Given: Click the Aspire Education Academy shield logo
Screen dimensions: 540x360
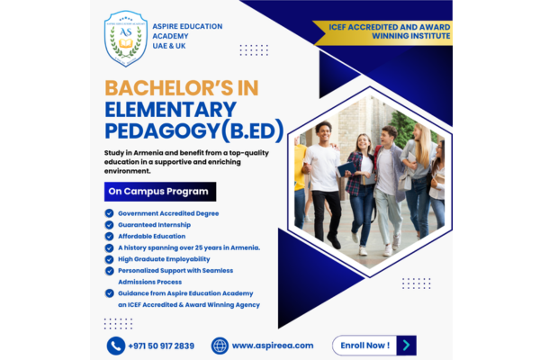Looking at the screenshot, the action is tap(126, 38).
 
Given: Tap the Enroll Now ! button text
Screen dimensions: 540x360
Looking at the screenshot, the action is tap(365, 346).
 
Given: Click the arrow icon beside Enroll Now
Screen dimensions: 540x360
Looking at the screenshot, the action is tap(407, 346).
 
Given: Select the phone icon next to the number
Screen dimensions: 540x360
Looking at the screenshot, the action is tap(116, 346).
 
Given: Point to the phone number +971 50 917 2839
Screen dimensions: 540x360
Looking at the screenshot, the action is tap(161, 346).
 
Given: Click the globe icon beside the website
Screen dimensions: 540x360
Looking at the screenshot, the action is tap(220, 346).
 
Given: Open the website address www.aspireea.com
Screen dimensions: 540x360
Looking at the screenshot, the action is tap(273, 346).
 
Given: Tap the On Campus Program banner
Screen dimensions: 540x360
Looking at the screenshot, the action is tap(160, 192).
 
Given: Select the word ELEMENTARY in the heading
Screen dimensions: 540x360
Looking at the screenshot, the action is tap(170, 110).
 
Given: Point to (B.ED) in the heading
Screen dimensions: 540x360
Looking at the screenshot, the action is tap(252, 130).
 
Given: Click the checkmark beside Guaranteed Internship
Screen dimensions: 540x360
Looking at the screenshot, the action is tap(109, 225).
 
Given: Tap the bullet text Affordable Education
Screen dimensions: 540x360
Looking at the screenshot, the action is tap(152, 237).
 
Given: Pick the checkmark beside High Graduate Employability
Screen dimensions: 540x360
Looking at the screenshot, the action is tap(109, 259).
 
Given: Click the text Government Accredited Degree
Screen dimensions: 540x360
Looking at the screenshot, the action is tap(168, 213).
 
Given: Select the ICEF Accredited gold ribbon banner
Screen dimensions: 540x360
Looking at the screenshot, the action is tap(382, 32).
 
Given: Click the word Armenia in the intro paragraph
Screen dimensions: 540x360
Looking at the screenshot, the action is tap(147, 153).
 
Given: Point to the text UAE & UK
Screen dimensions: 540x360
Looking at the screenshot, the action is tap(169, 46).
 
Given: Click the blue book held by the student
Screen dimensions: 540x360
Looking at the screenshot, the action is tap(346, 169).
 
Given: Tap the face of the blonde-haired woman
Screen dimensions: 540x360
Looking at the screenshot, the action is tap(417, 133).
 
